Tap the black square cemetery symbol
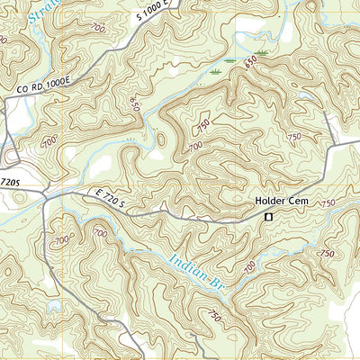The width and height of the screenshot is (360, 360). (x=267, y=217)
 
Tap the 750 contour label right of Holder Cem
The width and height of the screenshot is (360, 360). (x=328, y=204)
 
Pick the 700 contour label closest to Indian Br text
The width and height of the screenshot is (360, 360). (x=248, y=264)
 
